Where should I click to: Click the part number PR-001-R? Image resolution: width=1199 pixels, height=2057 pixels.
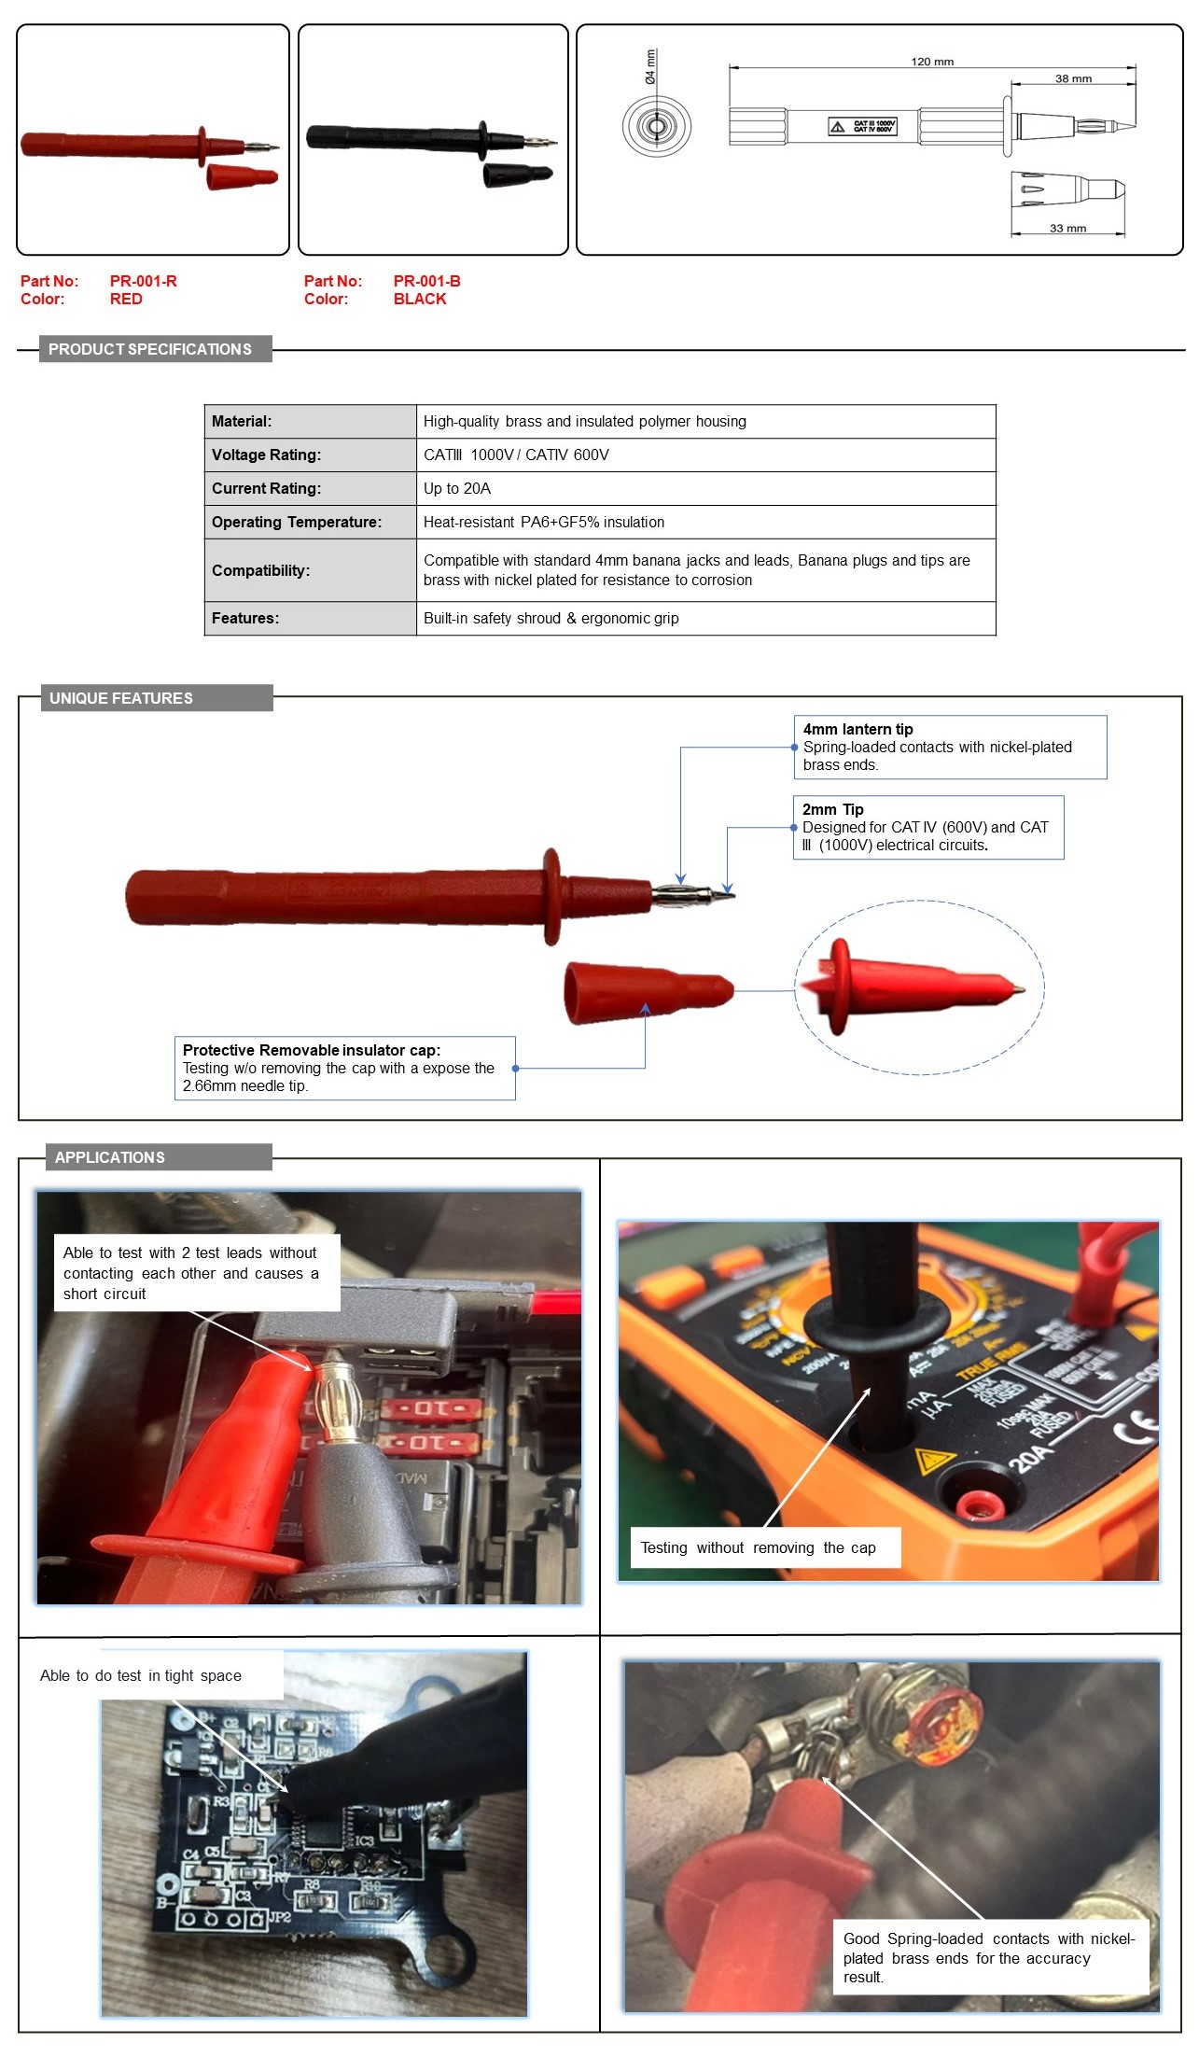[x=143, y=281]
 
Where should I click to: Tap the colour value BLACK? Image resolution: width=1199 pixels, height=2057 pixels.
[x=419, y=299]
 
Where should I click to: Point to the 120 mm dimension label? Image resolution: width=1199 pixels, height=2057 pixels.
[x=931, y=62]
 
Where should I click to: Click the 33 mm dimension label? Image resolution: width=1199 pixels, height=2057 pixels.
[x=1067, y=228]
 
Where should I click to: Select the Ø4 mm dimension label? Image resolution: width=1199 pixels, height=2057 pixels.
[x=650, y=67]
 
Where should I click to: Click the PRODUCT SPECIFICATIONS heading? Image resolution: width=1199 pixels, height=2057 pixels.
[x=150, y=349]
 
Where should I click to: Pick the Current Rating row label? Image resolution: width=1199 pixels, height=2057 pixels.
[x=266, y=488]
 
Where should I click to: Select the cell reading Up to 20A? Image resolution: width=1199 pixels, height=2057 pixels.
[x=457, y=488]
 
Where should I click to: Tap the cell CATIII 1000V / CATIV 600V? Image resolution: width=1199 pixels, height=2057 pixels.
[x=516, y=455]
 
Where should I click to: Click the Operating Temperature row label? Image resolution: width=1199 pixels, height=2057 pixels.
[x=296, y=522]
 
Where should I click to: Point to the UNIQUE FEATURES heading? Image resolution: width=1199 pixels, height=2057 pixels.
[x=121, y=698]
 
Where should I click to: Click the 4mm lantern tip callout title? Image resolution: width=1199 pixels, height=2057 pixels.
[x=857, y=729]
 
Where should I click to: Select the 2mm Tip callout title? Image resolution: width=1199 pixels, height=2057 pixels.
[x=832, y=809]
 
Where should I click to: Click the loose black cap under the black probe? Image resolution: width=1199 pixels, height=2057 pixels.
[x=517, y=175]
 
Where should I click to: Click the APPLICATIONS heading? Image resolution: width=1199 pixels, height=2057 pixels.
[x=110, y=1157]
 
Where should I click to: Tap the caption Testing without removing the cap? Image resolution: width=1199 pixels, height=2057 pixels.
[x=758, y=1547]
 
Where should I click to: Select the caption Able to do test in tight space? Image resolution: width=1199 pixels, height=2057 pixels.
[x=141, y=1675]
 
